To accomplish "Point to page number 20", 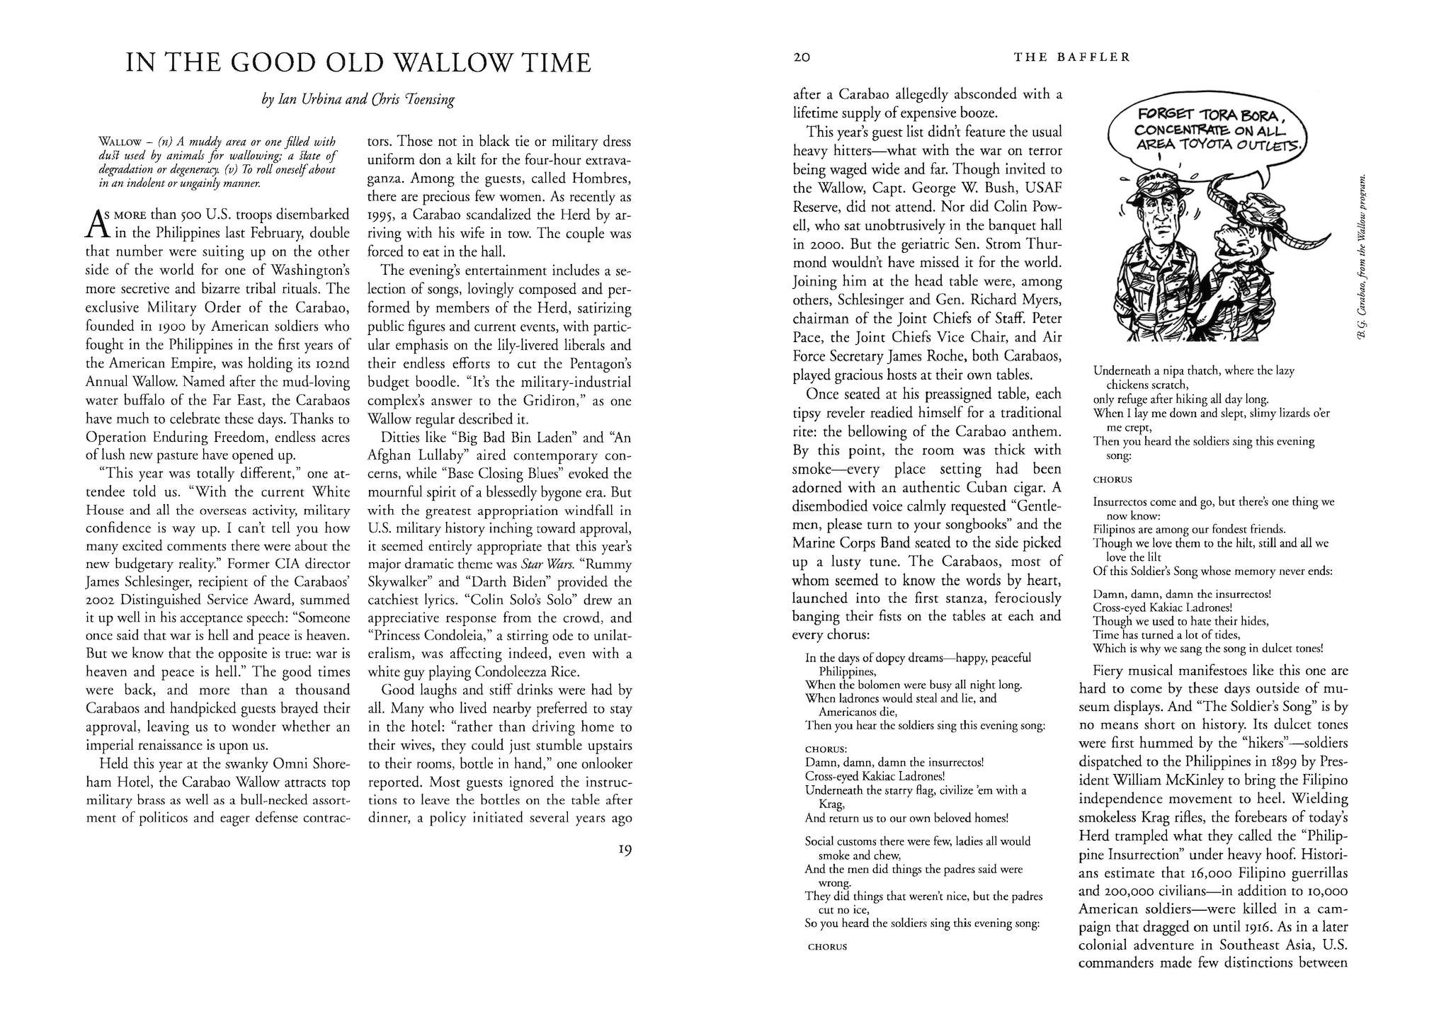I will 801,57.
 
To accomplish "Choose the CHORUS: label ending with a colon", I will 826,748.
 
